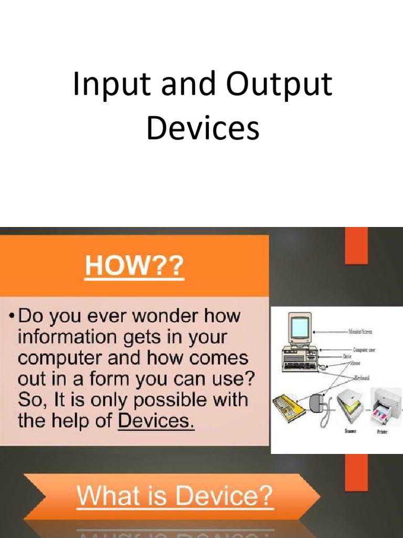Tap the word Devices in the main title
tap(203, 128)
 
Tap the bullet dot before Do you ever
tap(11, 317)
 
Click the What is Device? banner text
tap(175, 495)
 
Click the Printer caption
tap(382, 431)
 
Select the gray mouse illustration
tap(317, 403)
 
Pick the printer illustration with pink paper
tap(386, 406)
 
